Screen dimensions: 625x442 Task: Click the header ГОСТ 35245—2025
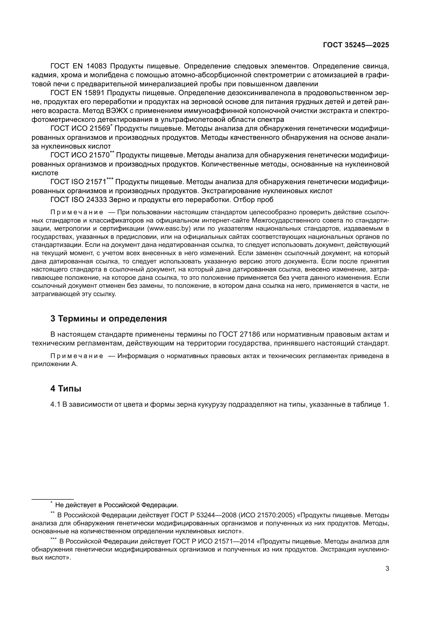(x=356, y=45)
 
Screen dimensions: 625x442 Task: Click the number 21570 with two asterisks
(x=99, y=156)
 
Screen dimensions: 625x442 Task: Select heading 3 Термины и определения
(x=108, y=319)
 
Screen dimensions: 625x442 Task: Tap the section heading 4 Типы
(x=66, y=389)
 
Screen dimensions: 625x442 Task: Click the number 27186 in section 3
(x=250, y=334)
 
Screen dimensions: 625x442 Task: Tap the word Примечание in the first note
(x=77, y=212)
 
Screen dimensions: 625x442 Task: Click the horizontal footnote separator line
(x=53, y=499)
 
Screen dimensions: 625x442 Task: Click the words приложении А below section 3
(x=55, y=364)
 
